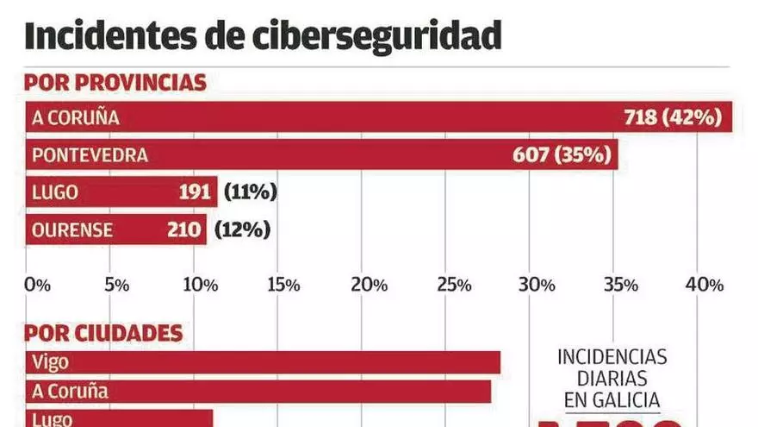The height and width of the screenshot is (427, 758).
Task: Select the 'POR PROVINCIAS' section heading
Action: point(115,83)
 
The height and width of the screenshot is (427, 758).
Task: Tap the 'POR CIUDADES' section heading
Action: point(103,333)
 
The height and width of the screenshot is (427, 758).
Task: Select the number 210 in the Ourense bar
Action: point(184,229)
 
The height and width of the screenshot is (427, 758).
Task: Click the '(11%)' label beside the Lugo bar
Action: point(250,192)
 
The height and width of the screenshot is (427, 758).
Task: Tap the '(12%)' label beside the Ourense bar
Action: point(242,229)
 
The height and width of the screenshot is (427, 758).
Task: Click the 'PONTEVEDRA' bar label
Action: point(90,155)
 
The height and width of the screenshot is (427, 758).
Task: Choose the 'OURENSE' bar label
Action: point(71,229)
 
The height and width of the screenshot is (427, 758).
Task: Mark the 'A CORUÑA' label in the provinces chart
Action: point(75,117)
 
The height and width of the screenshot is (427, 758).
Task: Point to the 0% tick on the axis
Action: point(38,285)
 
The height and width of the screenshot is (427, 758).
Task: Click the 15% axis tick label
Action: point(283,285)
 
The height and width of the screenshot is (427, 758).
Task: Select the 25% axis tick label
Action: point(454,285)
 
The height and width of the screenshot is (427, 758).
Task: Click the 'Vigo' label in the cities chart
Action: point(50,362)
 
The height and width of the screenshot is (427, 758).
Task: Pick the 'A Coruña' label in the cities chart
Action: point(70,391)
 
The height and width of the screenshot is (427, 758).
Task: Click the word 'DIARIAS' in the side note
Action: point(612,378)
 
